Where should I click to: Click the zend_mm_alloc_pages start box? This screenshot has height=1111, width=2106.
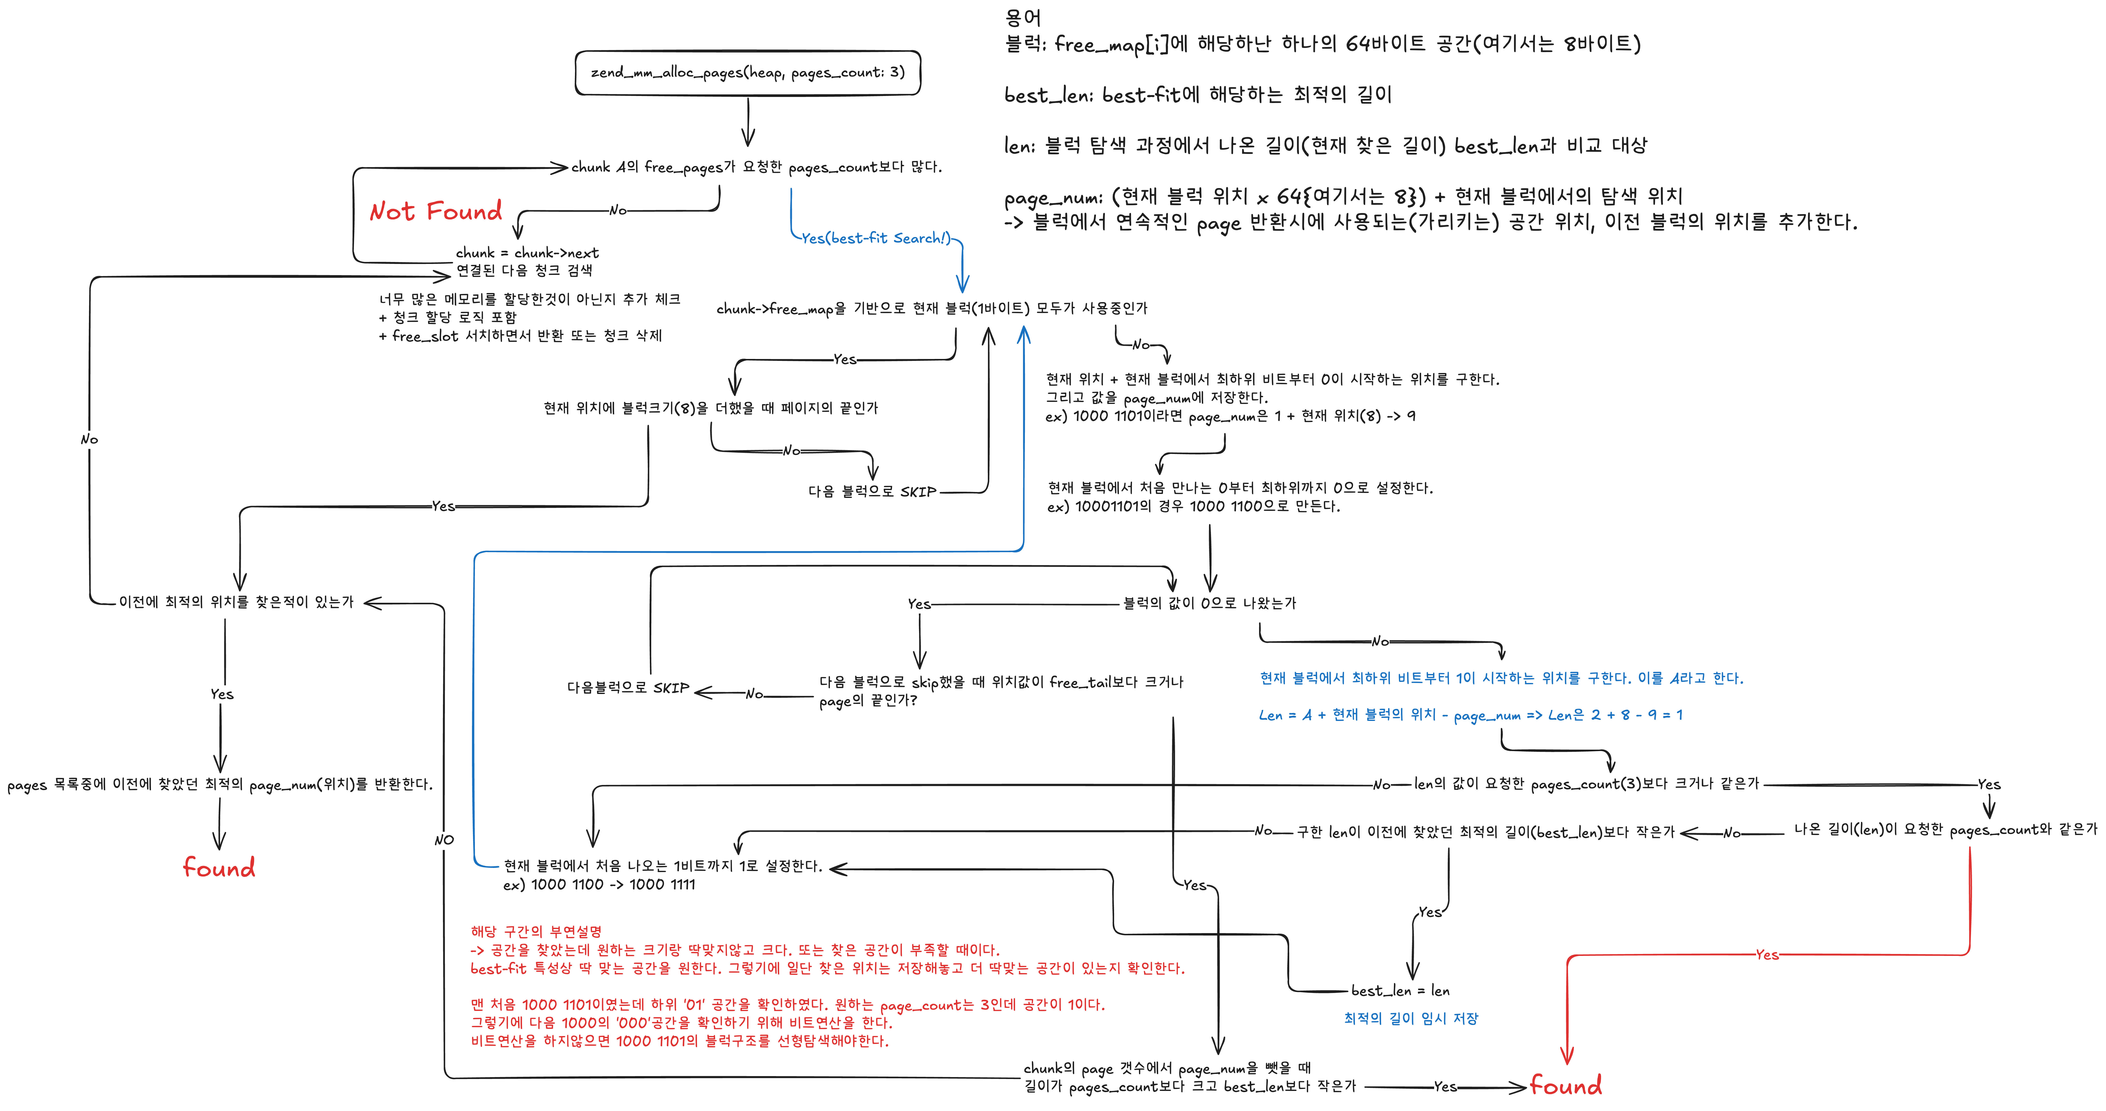pyautogui.click(x=747, y=73)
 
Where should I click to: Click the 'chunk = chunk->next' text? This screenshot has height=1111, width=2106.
pyautogui.click(x=527, y=253)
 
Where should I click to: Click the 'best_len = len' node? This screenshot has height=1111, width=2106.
pyautogui.click(x=1400, y=991)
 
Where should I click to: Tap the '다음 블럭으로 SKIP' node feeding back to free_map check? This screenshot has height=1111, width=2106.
pyautogui.click(x=872, y=491)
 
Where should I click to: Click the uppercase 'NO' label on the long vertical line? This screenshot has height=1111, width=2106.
pyautogui.click(x=444, y=840)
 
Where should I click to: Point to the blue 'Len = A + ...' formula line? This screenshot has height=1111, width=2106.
pyautogui.click(x=1470, y=715)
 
